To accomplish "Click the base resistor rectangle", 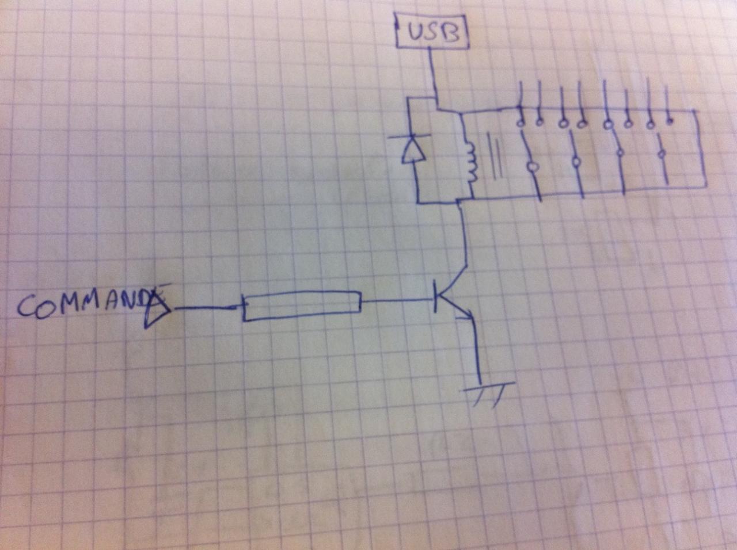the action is (x=302, y=305).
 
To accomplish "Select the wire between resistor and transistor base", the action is (x=397, y=301).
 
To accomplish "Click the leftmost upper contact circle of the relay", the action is (x=521, y=123).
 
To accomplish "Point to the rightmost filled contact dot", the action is (x=669, y=121).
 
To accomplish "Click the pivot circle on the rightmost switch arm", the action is (x=662, y=154).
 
